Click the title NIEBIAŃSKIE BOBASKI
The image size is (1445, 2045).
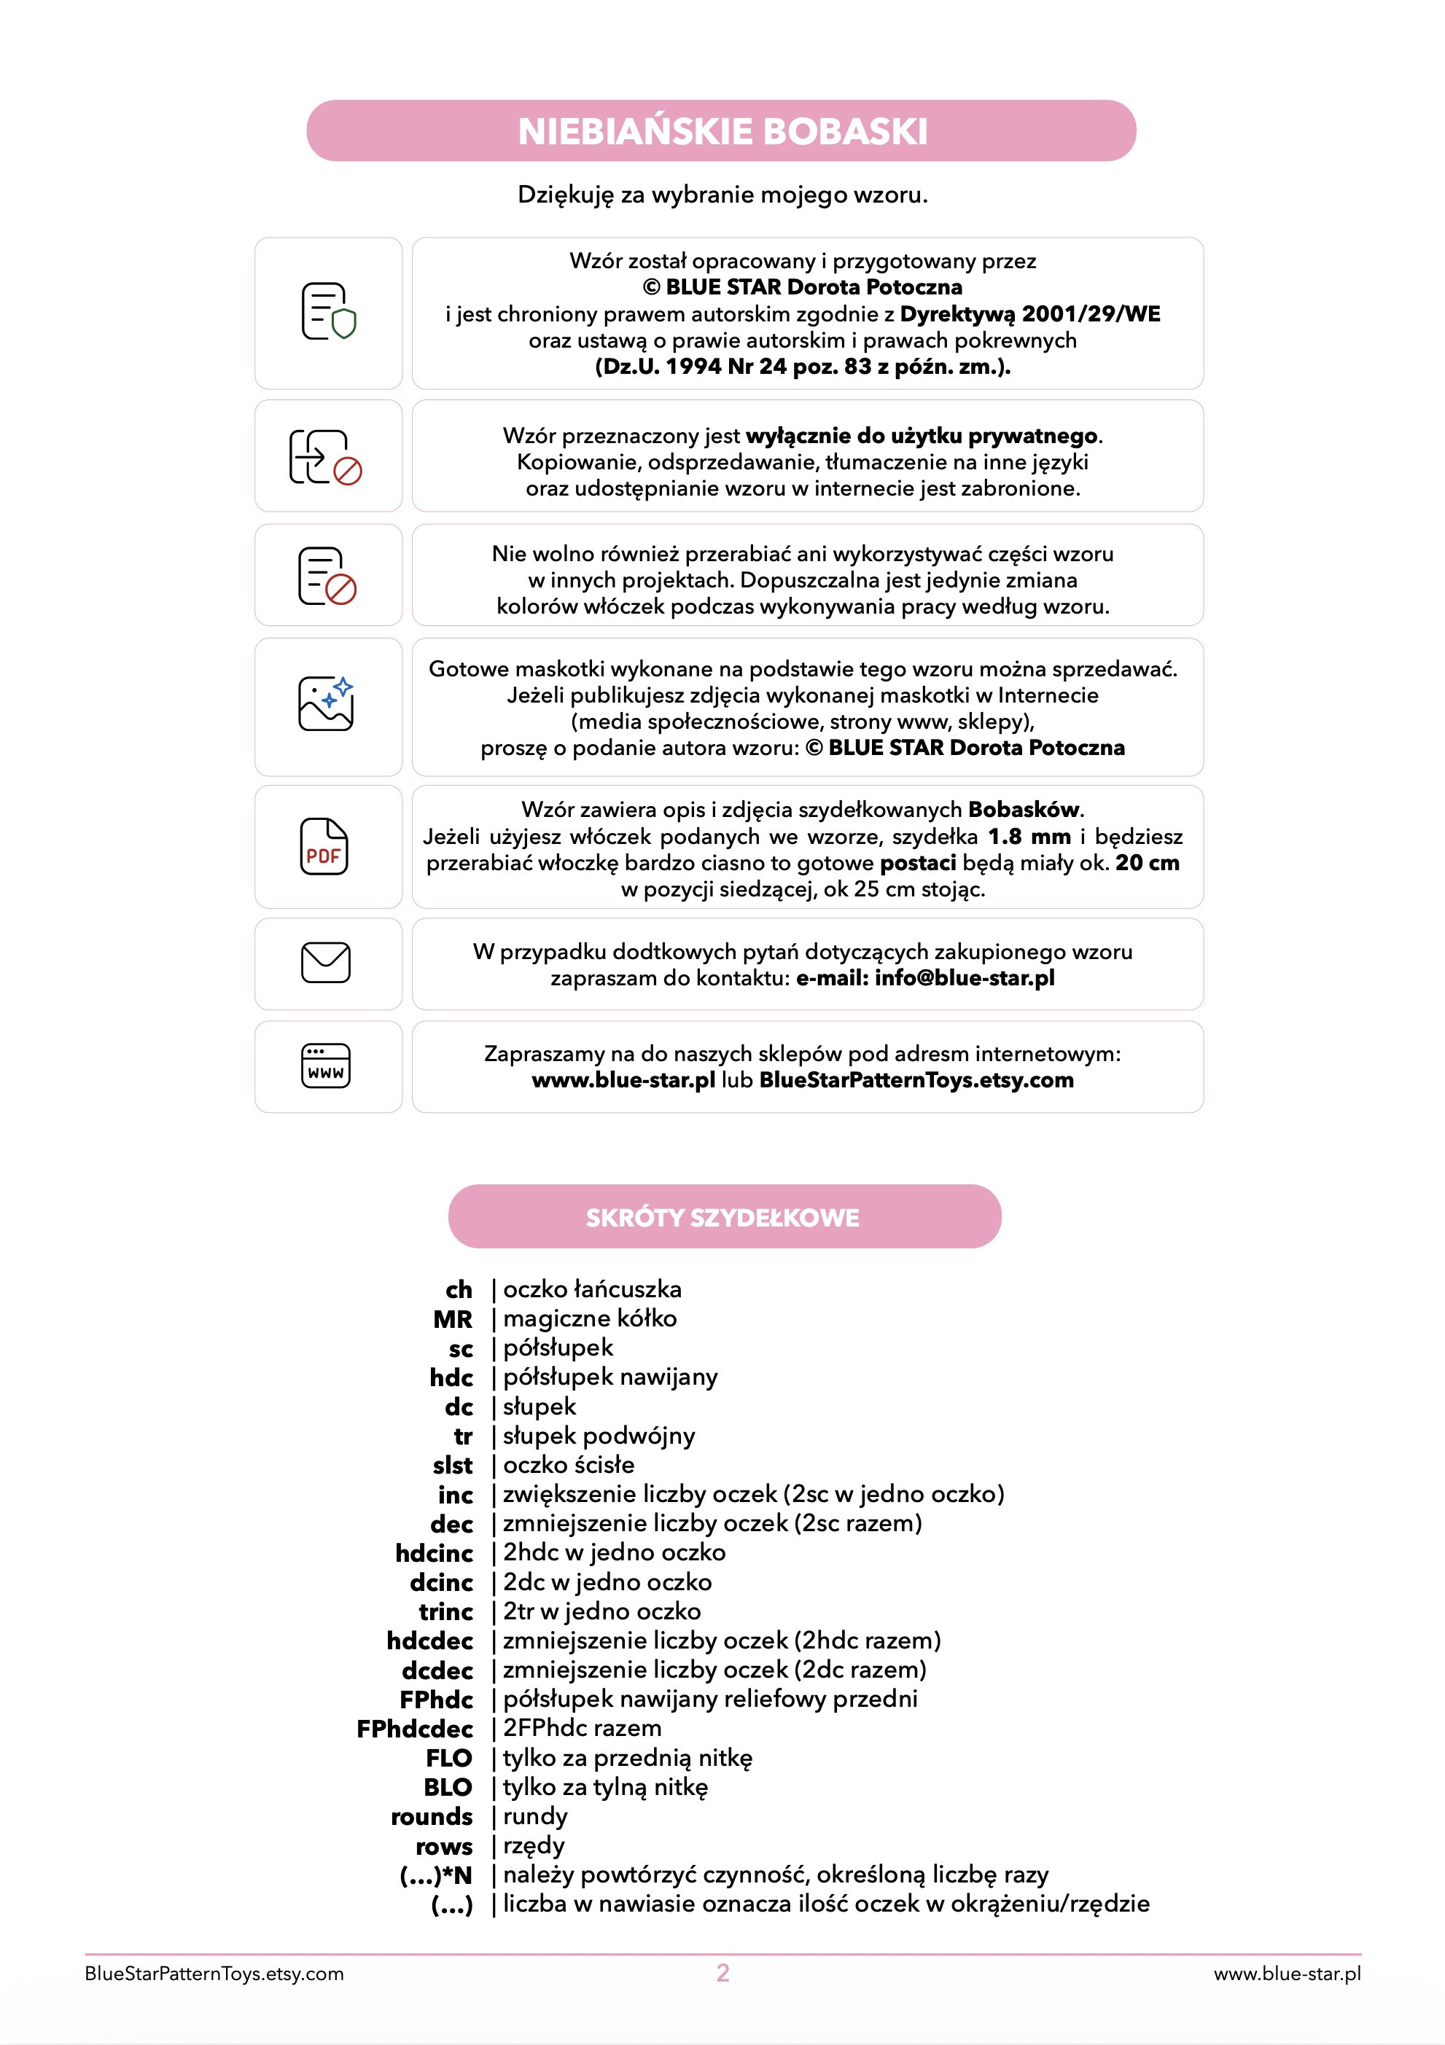pos(722,132)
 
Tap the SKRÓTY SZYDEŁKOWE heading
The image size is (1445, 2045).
pos(722,1218)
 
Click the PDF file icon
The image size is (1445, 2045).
pos(324,846)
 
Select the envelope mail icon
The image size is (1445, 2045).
pos(326,963)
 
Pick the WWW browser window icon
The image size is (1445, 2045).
pos(326,1066)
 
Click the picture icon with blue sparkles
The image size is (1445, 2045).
pos(326,703)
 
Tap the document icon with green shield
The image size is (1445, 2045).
pos(328,312)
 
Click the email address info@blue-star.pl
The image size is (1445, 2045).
pos(964,978)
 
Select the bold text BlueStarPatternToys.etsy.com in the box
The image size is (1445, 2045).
pos(916,1080)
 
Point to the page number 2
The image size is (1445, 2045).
pos(722,1973)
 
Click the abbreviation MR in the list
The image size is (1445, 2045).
pos(453,1319)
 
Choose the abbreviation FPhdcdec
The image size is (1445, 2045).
pos(415,1729)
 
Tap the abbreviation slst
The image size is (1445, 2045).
pos(453,1465)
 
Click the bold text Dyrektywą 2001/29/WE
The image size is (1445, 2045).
pos(1030,313)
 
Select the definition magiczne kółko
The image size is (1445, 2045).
pos(590,1318)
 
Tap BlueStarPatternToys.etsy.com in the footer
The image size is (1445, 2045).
pos(214,1974)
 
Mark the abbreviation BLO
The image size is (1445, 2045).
pos(448,1788)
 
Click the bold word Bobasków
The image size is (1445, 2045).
pos(1024,810)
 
